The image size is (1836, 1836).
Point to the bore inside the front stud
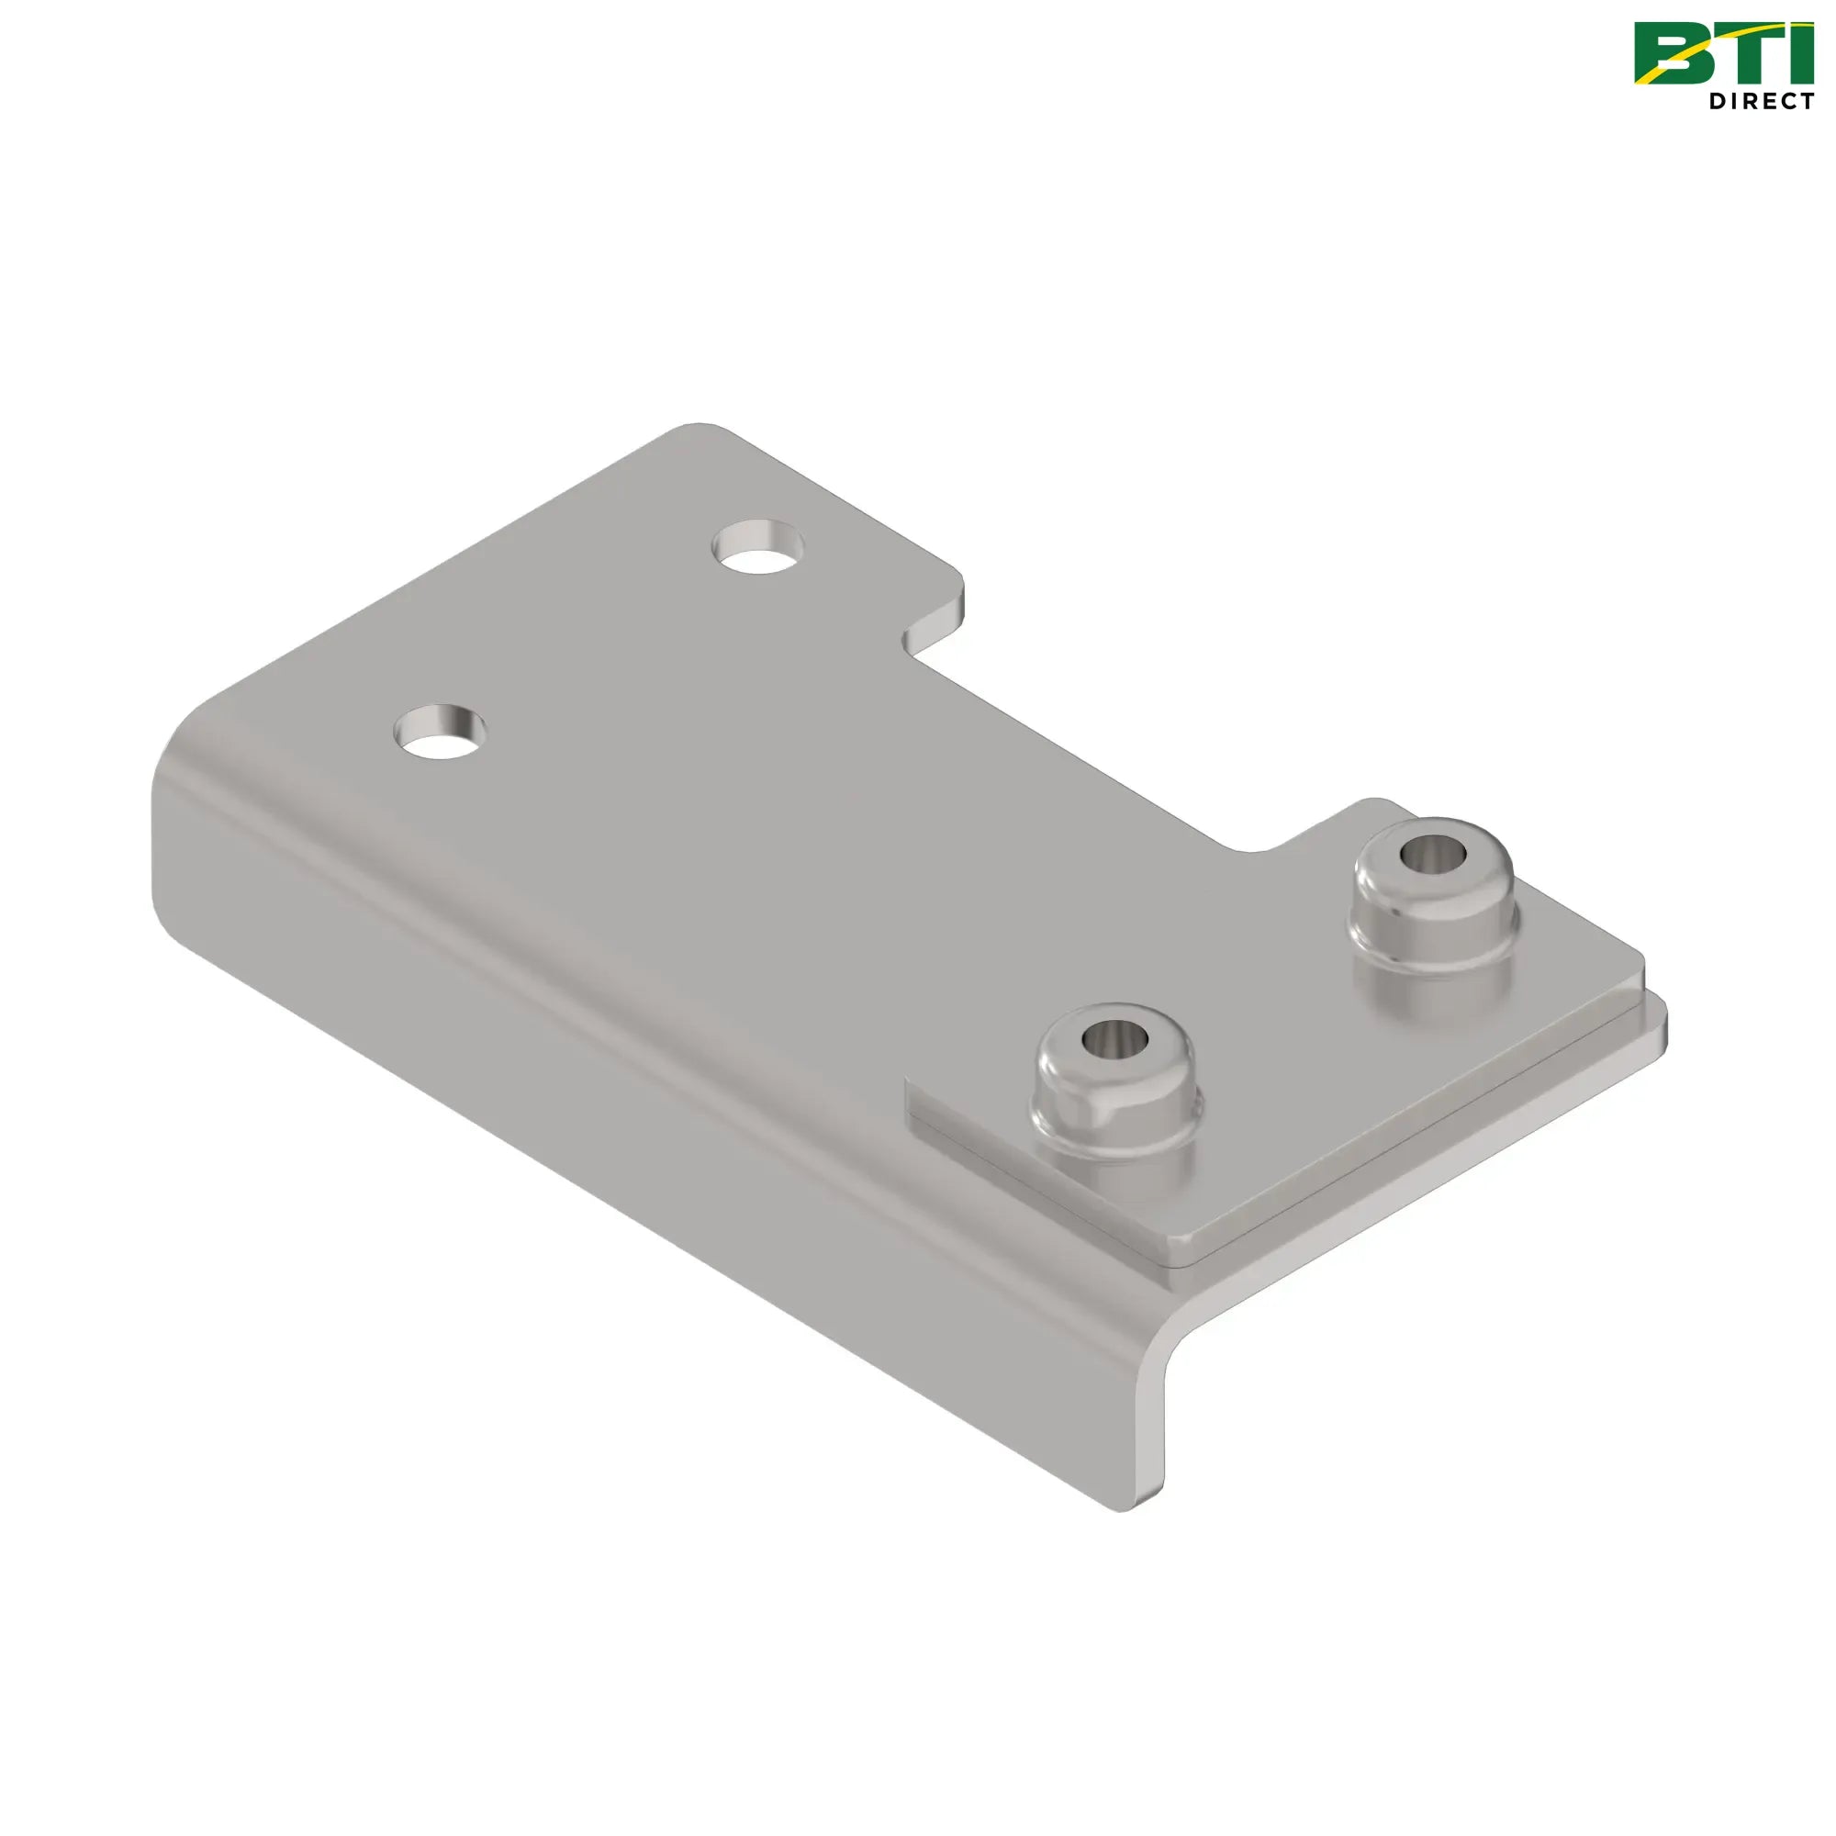coord(1114,1036)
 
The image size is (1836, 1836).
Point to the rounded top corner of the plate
coord(700,428)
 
